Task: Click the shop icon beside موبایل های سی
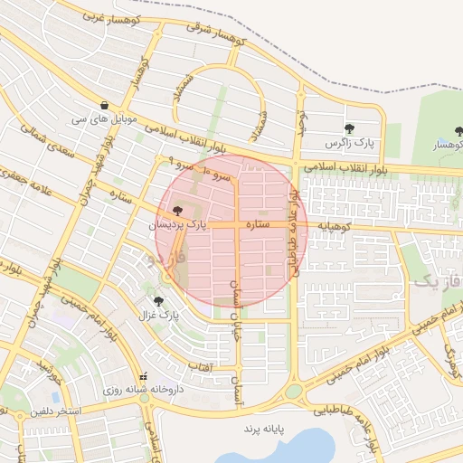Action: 107,105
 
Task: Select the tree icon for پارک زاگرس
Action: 350,128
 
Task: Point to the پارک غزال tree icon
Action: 159,301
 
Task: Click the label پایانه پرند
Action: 264,426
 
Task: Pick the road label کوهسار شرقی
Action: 216,34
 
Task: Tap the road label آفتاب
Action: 199,367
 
